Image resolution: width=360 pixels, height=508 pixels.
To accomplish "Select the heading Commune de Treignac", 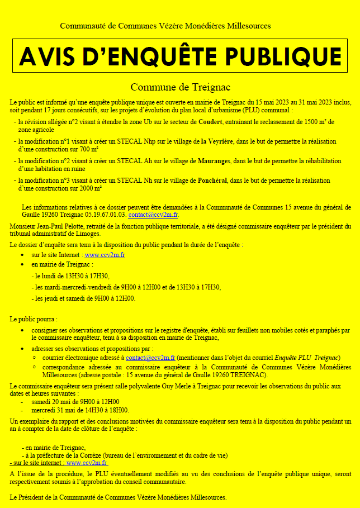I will tap(180, 87).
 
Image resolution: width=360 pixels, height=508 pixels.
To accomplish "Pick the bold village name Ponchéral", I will tap(213, 181).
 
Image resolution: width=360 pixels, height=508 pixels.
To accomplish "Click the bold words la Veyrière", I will tap(218, 141).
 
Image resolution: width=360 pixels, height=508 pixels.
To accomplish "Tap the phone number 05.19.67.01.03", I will tap(106, 215).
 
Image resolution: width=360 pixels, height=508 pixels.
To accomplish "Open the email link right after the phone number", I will tap(153, 215).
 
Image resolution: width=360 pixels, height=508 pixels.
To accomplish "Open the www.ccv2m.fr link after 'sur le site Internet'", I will tap(105, 255).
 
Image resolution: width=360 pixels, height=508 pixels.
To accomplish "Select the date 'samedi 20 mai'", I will tap(51, 401).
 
